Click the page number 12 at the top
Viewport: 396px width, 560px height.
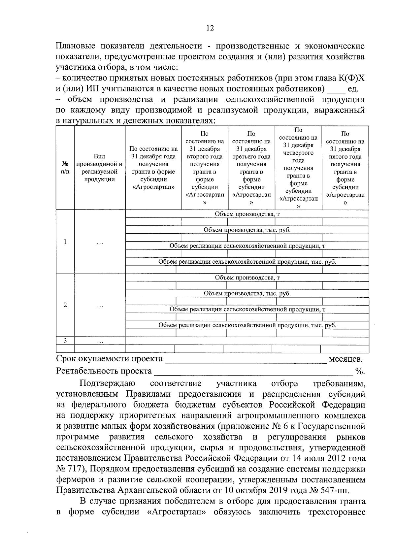tap(210, 28)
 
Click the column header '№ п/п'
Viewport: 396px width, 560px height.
tap(65, 168)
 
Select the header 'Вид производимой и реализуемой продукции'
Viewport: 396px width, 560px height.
tap(100, 168)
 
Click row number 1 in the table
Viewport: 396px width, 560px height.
tap(65, 242)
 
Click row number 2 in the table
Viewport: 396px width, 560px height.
tap(65, 305)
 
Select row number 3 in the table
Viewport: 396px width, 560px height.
tap(65, 341)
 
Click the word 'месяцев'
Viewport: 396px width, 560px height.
tap(346, 359)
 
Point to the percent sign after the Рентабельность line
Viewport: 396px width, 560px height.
tap(360, 371)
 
